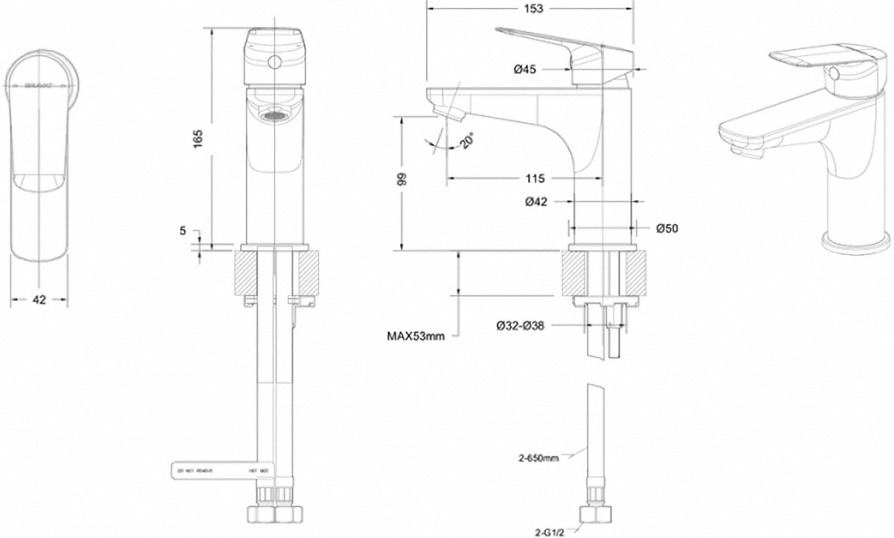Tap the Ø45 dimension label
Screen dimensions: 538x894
click(526, 69)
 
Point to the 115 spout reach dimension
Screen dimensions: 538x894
click(536, 178)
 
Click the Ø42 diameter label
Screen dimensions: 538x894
click(538, 201)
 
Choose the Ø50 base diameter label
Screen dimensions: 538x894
click(668, 229)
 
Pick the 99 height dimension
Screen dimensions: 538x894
click(402, 180)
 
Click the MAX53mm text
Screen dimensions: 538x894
click(415, 336)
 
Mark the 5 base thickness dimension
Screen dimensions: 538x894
click(183, 231)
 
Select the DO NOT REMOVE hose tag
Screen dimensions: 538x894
click(212, 471)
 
